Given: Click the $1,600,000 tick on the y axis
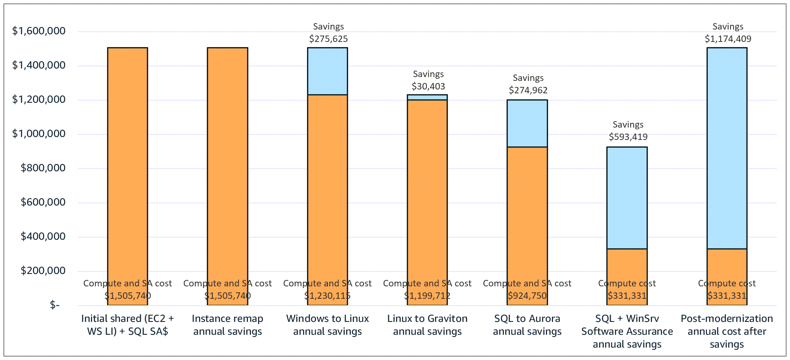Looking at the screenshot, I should tap(39, 31).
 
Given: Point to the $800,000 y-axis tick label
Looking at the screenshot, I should tap(43, 168).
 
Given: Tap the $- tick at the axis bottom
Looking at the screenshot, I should tap(54, 305).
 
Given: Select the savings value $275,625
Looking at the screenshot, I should tap(328, 39).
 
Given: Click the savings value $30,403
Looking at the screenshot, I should tap(428, 86).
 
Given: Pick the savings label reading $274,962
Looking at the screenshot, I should tap(528, 90).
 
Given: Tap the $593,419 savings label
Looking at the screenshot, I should tap(628, 137).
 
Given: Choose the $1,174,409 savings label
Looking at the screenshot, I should tap(728, 39).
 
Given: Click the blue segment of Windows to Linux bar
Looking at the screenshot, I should tap(328, 71).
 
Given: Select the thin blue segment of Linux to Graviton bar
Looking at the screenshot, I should tap(427, 97).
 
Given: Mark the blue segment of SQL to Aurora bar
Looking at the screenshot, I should tap(527, 123).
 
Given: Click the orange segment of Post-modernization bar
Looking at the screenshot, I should tap(727, 265).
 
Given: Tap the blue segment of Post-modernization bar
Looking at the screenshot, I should tap(727, 148).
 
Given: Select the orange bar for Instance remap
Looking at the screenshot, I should tap(227, 171).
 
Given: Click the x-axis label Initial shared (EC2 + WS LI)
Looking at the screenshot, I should tap(128, 325).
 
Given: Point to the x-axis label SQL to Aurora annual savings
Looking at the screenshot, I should tap(527, 325).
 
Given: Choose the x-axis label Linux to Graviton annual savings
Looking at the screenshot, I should tap(427, 325).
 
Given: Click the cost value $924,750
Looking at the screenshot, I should tap(527, 296).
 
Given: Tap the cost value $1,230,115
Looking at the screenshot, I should tap(328, 296).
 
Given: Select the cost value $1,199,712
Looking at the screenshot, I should tap(427, 296).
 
